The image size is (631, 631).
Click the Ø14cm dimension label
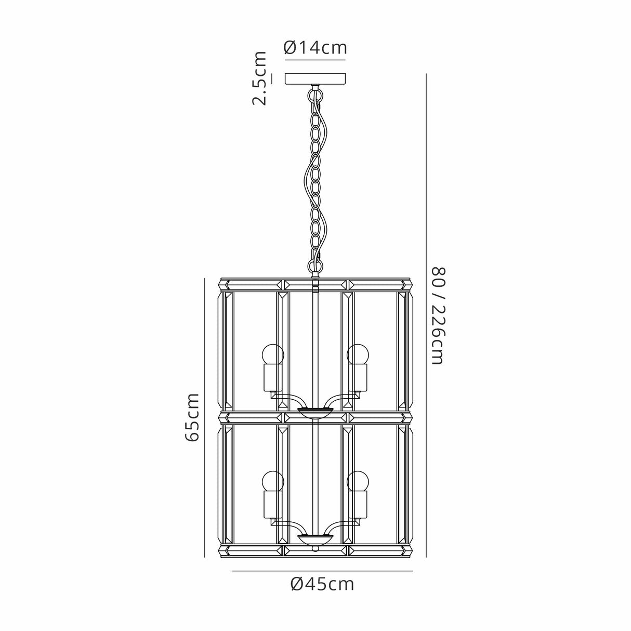[315, 48]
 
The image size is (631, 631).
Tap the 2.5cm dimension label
[260, 78]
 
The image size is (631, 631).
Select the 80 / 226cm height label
[439, 315]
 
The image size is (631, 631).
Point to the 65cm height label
[192, 417]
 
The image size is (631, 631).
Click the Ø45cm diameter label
[322, 584]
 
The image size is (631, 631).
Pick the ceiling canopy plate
[315, 79]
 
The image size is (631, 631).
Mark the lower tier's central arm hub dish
[315, 538]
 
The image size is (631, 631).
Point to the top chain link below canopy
[314, 96]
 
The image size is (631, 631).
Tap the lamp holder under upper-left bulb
[273, 378]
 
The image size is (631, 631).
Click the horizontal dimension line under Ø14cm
[315, 60]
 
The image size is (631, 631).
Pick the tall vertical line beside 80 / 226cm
[426, 315]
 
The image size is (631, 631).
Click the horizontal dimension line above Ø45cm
[322, 571]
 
